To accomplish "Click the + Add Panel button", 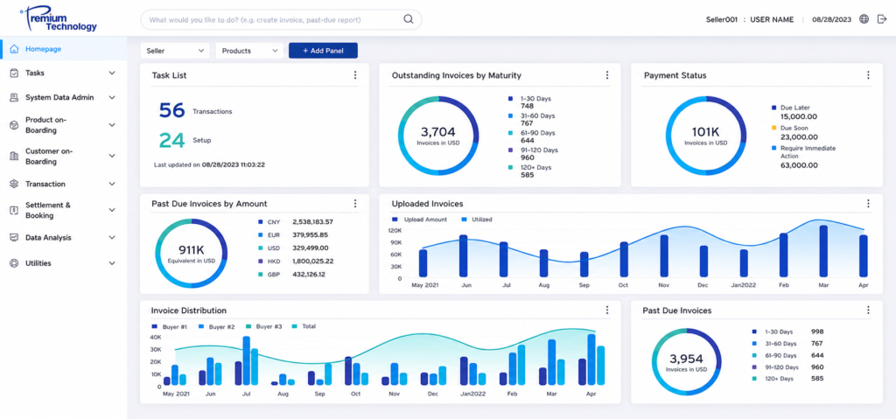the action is (x=323, y=51).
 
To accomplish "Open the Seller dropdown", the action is (x=175, y=51).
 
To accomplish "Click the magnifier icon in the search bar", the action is (x=409, y=19).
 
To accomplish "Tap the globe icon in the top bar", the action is (x=864, y=19).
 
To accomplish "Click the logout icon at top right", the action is (x=882, y=19).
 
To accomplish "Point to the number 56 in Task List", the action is (x=171, y=110).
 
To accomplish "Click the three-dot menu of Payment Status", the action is (x=868, y=75).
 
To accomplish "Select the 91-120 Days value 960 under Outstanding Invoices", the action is (x=528, y=157).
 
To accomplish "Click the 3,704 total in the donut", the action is (x=438, y=132).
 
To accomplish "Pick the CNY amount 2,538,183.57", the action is (x=312, y=222).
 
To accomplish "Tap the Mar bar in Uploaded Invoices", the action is (x=823, y=251).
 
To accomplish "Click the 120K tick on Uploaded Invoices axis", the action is (x=395, y=230).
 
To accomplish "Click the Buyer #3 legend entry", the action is (x=264, y=326).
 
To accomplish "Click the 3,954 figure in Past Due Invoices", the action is (x=686, y=359).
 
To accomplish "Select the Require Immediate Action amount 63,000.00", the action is (x=799, y=165).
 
